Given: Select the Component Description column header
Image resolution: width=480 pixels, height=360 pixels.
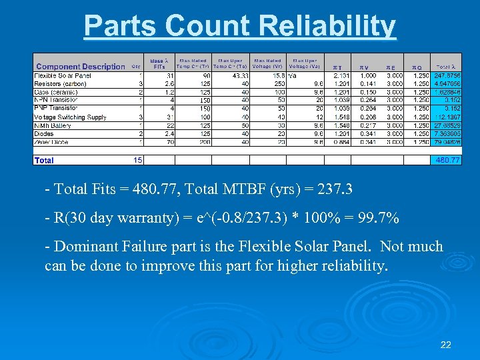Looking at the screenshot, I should click(80, 67).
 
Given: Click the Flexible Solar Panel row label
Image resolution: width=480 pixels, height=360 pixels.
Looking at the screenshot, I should click(63, 75).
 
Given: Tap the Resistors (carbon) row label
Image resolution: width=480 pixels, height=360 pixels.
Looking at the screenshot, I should click(61, 84).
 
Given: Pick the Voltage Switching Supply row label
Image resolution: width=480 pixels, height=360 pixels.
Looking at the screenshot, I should click(70, 117).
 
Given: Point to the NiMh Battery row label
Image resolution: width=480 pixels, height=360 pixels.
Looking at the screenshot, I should click(53, 125).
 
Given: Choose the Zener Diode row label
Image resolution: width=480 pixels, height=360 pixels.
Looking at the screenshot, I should click(53, 141).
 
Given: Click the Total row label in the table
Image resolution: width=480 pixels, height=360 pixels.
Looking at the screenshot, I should click(44, 160).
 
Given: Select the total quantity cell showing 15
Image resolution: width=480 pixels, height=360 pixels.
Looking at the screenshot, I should click(137, 160).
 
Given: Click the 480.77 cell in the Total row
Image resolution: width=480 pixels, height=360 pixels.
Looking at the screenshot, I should click(447, 160).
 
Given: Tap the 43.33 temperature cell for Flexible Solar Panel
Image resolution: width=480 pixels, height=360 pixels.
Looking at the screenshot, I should click(240, 75).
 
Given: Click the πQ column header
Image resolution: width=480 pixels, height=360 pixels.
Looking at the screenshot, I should click(417, 67).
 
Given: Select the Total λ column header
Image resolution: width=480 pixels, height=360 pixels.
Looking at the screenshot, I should click(447, 67).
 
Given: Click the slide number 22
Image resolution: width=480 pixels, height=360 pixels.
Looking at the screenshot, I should click(446, 345).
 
